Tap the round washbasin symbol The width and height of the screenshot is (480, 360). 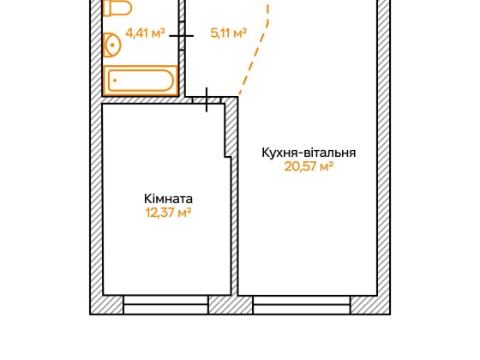pos(112,44)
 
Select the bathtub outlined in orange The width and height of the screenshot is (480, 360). pos(140,81)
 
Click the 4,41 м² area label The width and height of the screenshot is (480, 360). pos(146,34)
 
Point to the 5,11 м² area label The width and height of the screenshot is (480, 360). pos(228,34)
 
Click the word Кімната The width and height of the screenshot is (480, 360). pos(168,198)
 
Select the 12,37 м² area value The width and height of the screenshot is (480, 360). pos(168,213)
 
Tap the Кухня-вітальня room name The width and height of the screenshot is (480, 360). pos(309,153)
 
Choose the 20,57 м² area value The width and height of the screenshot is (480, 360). pos(309,167)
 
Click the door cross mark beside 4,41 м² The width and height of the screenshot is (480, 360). pos(181,35)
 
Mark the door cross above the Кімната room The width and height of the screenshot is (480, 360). pos(207,99)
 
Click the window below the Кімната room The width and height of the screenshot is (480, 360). pos(165,304)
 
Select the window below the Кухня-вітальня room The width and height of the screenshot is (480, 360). pos(301,304)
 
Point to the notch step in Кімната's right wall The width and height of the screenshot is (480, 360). pos(229,156)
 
